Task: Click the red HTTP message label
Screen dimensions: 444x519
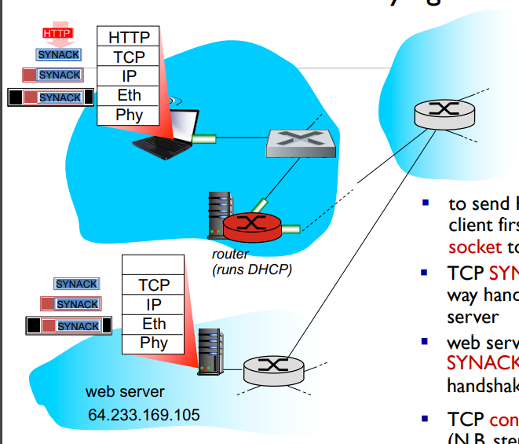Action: [x=57, y=33]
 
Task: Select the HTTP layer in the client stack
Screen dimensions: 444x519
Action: [x=128, y=36]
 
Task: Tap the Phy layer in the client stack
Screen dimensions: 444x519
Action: [x=128, y=115]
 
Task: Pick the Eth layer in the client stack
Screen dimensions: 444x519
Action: [x=128, y=95]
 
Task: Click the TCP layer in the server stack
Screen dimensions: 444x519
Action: [x=154, y=284]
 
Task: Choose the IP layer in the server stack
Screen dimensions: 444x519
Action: [x=154, y=304]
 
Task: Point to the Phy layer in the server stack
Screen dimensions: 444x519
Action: [x=154, y=343]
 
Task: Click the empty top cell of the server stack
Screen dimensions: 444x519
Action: [x=154, y=265]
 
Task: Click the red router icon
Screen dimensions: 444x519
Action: [x=251, y=226]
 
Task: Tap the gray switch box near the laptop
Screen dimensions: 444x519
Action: [x=299, y=141]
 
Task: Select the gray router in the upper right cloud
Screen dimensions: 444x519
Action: [x=444, y=112]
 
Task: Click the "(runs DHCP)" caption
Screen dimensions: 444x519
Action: [x=251, y=270]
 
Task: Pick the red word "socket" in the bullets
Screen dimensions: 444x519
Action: [x=474, y=246]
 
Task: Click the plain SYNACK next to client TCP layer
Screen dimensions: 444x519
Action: [x=59, y=54]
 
